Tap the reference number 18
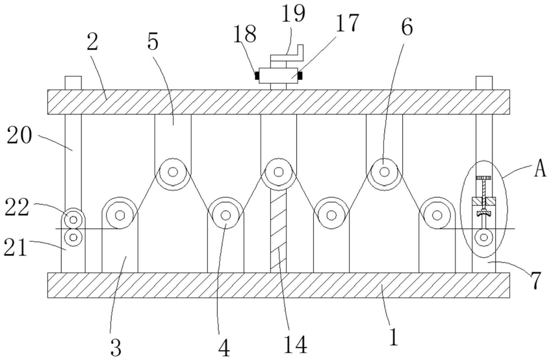click(x=246, y=34)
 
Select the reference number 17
click(x=347, y=23)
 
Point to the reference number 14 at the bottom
click(x=296, y=344)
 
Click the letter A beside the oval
click(x=540, y=170)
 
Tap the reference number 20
click(x=19, y=136)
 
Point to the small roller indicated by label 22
click(x=73, y=220)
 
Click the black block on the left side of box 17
click(x=256, y=75)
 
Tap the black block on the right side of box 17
click(x=300, y=75)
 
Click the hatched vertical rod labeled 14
click(x=278, y=231)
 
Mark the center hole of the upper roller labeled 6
click(x=385, y=172)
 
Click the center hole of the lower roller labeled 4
click(x=225, y=215)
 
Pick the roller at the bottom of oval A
click(x=483, y=238)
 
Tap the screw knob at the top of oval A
click(x=483, y=178)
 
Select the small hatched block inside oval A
click(x=483, y=201)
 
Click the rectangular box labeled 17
click(x=278, y=75)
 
